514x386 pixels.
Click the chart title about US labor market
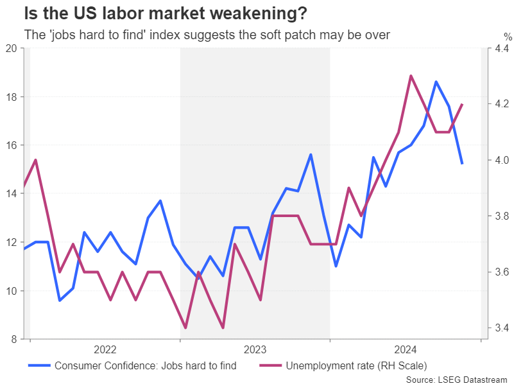coord(164,13)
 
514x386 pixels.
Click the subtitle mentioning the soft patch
coord(206,35)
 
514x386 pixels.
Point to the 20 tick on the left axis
coord(12,48)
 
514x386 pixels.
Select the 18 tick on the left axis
coord(12,97)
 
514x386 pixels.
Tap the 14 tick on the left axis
coord(12,194)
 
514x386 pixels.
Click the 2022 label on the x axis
coord(105,350)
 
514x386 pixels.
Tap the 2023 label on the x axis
coord(255,350)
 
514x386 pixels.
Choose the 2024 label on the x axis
coord(406,350)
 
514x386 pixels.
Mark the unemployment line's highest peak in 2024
coord(411,76)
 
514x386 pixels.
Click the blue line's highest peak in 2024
coord(436,82)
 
